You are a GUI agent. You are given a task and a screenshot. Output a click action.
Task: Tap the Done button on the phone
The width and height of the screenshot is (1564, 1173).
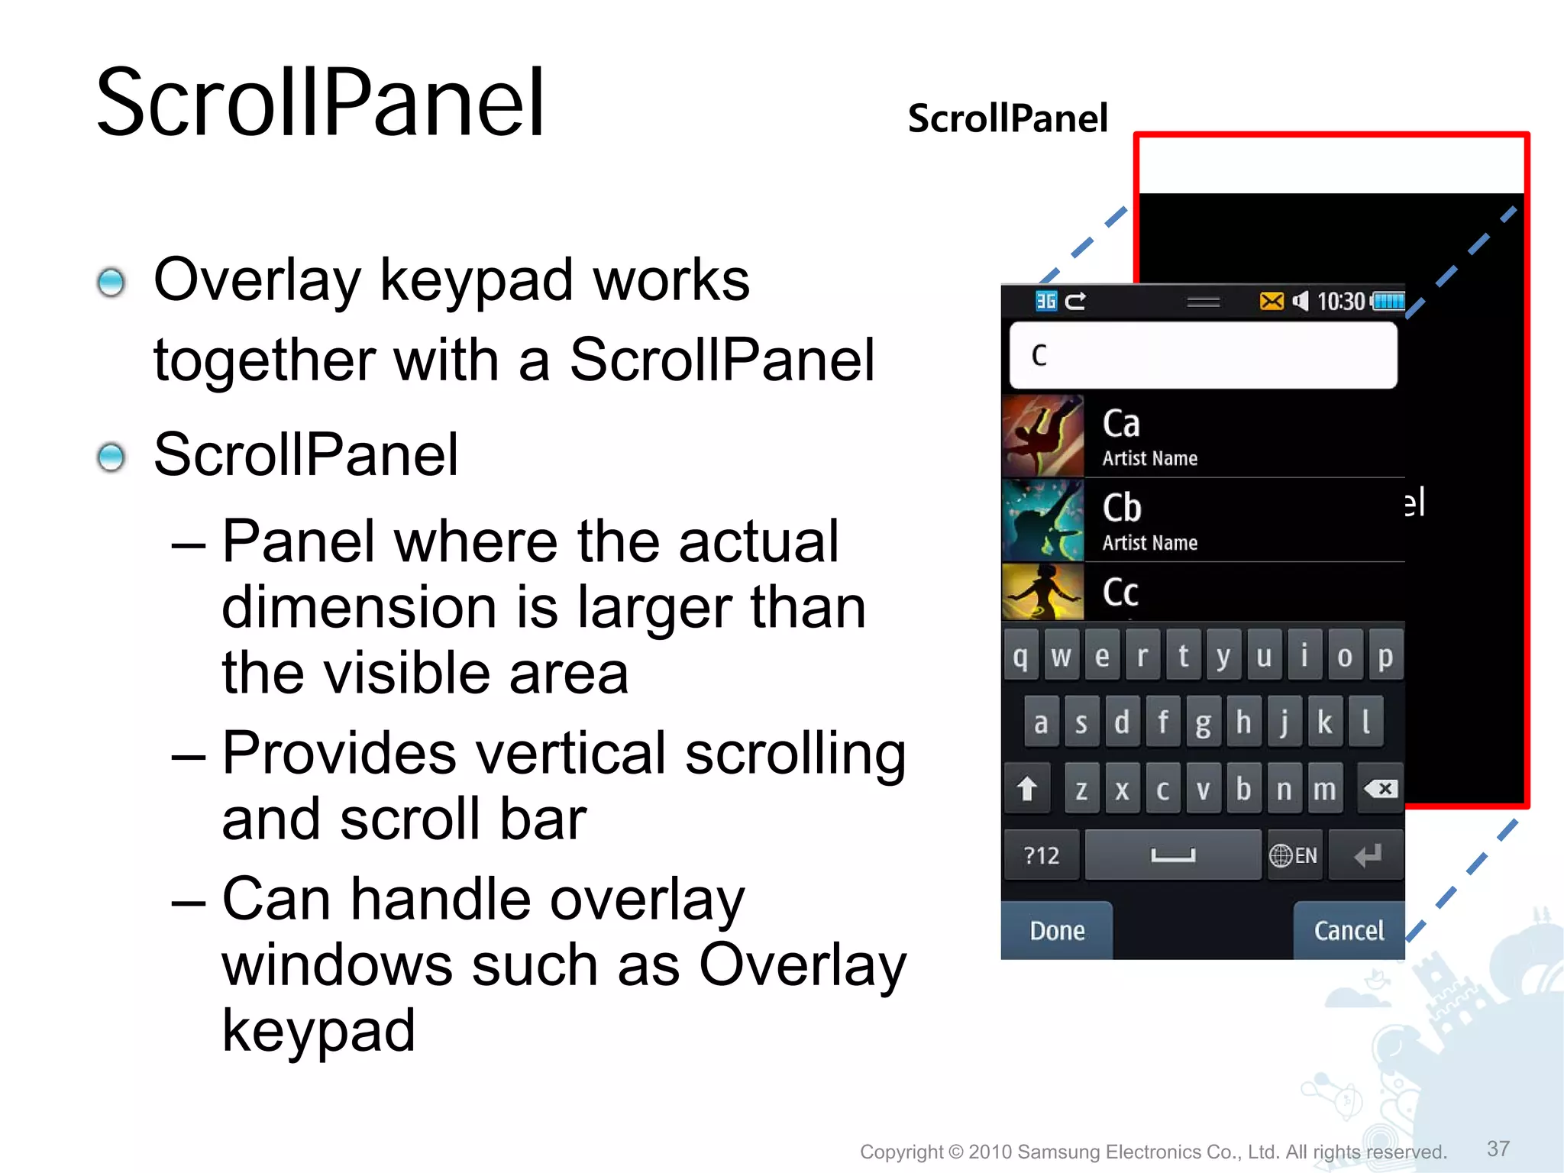pyautogui.click(x=1057, y=930)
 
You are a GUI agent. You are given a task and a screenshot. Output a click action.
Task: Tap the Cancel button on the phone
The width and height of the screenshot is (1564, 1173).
pyautogui.click(x=1349, y=930)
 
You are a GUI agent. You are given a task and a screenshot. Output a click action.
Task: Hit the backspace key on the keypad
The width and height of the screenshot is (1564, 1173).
pyautogui.click(x=1381, y=788)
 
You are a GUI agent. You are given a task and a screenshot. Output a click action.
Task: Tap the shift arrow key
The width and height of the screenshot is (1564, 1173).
pyautogui.click(x=1027, y=788)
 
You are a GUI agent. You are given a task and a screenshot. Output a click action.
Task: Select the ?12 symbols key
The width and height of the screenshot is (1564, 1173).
pyautogui.click(x=1042, y=855)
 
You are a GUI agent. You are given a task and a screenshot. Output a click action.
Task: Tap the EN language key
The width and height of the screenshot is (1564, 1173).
pyautogui.click(x=1294, y=855)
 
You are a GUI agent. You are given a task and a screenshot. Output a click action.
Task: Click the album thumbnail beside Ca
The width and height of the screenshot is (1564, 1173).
pyautogui.click(x=1042, y=436)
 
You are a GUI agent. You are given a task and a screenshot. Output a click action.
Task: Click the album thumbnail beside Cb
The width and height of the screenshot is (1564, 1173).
pyautogui.click(x=1042, y=520)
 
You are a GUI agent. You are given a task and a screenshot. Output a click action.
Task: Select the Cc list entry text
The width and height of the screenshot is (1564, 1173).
pyautogui.click(x=1120, y=593)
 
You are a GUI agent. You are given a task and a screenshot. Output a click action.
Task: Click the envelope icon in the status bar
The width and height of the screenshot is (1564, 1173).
pyautogui.click(x=1272, y=302)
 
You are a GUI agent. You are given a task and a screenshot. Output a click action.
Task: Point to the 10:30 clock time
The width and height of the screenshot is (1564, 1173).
pyautogui.click(x=1341, y=302)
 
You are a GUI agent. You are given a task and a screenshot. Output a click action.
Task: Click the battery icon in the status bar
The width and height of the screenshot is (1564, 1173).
pyautogui.click(x=1389, y=302)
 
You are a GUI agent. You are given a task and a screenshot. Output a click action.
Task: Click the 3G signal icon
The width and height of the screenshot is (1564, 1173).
pyautogui.click(x=1045, y=302)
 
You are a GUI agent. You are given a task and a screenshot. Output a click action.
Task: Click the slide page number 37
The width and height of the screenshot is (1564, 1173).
pyautogui.click(x=1498, y=1149)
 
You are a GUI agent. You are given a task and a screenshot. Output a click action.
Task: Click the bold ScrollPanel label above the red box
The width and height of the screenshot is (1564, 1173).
pyautogui.click(x=1007, y=118)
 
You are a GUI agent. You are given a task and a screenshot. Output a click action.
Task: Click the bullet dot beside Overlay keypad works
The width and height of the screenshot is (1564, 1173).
pyautogui.click(x=111, y=283)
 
